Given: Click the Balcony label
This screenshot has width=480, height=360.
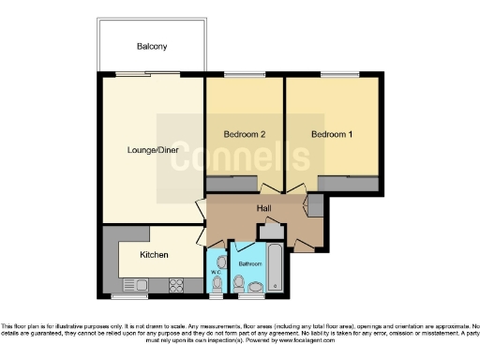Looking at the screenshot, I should [151, 46].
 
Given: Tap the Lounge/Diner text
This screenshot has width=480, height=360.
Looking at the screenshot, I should [153, 149].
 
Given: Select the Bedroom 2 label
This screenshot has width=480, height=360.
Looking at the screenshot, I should [244, 134].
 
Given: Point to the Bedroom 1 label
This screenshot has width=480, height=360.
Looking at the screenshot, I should [332, 134].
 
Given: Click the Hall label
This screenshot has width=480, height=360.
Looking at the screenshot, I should [264, 209].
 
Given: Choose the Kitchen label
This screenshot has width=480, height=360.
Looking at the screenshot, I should [154, 254].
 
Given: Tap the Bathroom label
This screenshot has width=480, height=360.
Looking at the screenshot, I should [249, 264].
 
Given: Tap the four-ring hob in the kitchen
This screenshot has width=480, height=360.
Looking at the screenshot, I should [175, 283].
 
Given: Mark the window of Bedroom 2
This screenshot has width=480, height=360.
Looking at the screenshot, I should [243, 75].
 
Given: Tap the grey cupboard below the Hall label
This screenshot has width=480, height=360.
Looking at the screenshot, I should [272, 231].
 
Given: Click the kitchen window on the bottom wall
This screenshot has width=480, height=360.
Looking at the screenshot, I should [125, 295].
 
